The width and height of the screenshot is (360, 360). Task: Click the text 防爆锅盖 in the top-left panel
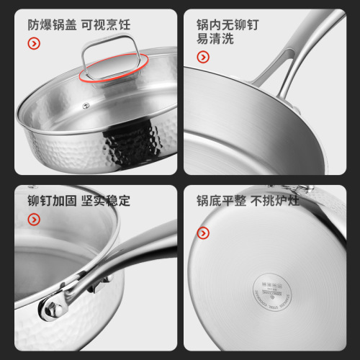click(51, 24)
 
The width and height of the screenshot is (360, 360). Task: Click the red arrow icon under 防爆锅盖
click(33, 44)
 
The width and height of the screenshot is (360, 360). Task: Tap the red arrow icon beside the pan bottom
click(203, 233)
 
